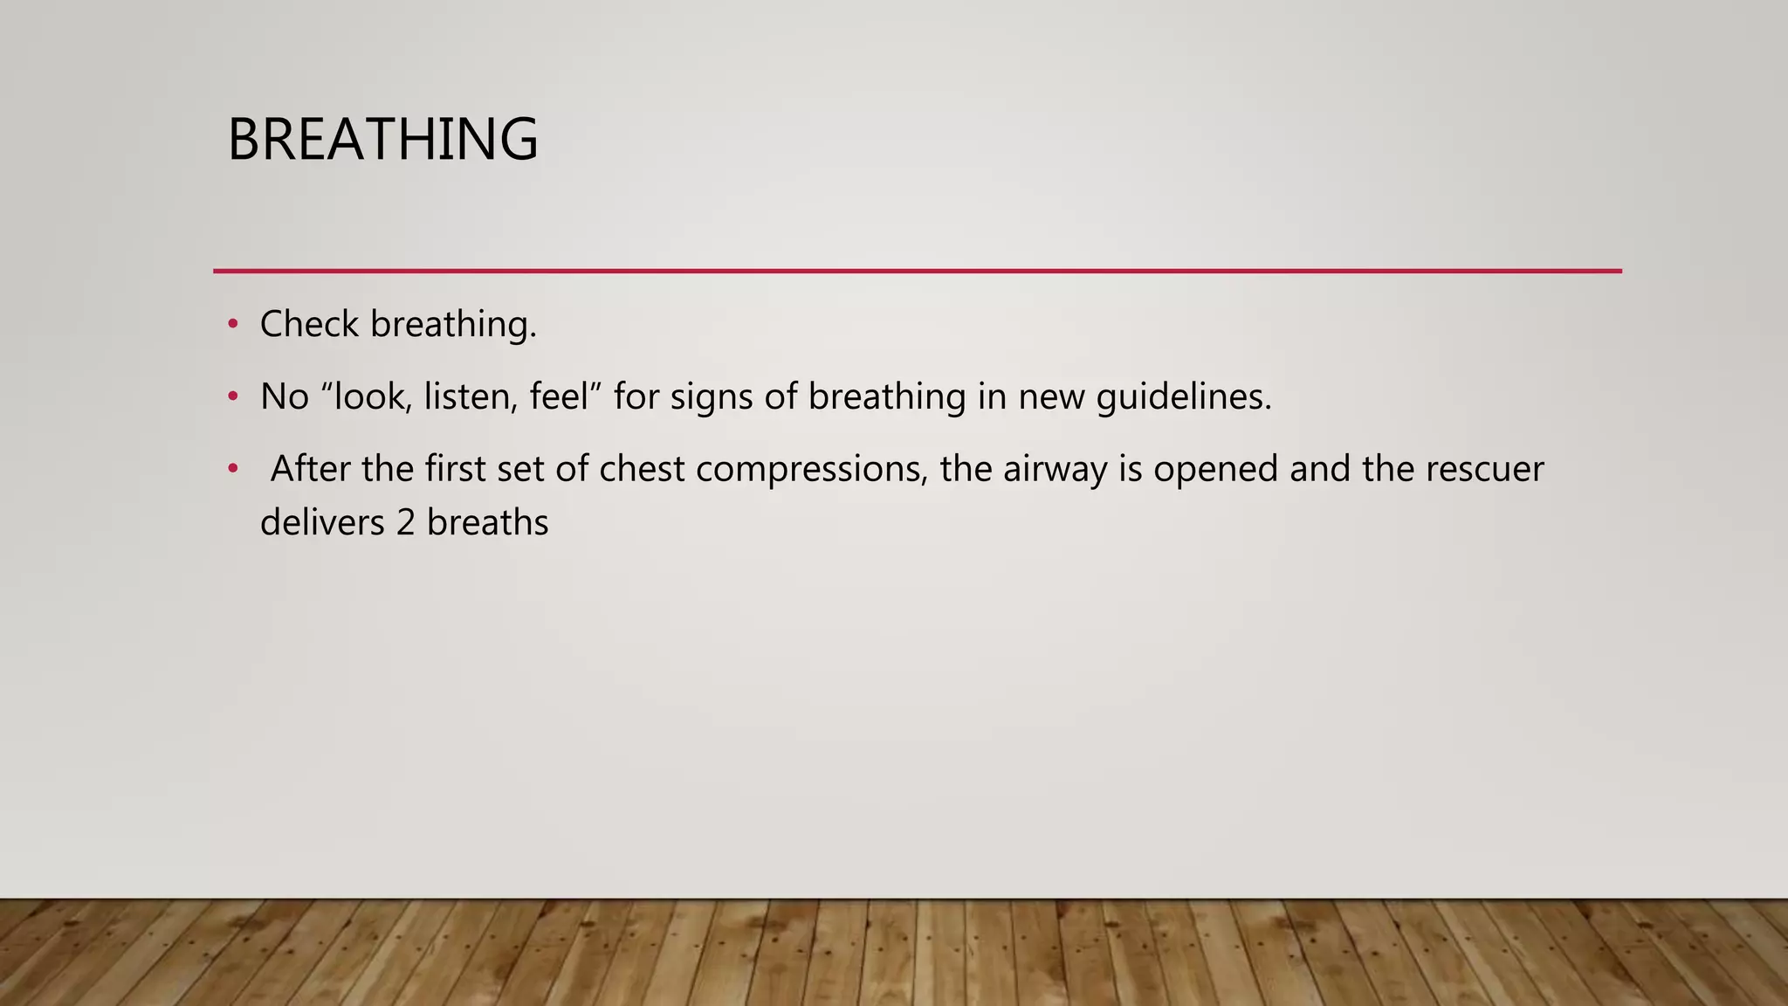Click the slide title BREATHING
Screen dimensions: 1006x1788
[382, 140]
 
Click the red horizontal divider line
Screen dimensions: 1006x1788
[917, 272]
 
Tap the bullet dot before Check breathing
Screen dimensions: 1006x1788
[232, 325]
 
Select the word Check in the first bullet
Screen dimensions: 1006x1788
[309, 325]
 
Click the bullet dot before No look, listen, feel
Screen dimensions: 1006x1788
[232, 397]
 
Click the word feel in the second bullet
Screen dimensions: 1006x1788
[560, 397]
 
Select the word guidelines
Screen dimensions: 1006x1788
[1184, 397]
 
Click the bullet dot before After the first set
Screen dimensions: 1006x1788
[232, 470]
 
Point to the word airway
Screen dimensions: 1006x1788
[1056, 470]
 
